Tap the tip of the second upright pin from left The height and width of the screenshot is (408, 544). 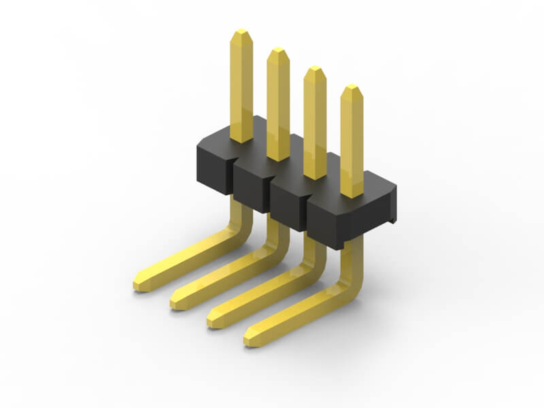pos(278,51)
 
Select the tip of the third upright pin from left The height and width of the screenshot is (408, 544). pos(314,69)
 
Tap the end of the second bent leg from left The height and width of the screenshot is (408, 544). pos(176,301)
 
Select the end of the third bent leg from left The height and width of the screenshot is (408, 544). pos(213,320)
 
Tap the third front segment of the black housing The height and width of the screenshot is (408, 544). pos(288,207)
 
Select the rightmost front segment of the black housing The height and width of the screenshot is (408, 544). pos(326,224)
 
